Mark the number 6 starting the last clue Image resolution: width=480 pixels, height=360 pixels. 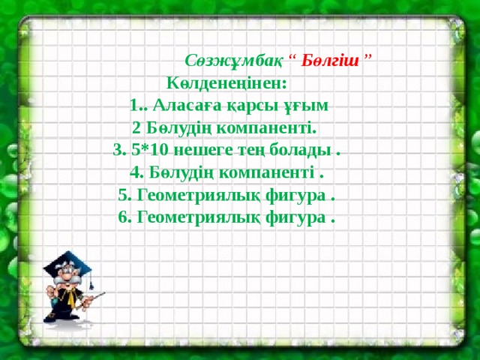(x=122, y=217)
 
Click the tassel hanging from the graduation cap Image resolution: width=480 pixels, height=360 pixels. (x=90, y=279)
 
